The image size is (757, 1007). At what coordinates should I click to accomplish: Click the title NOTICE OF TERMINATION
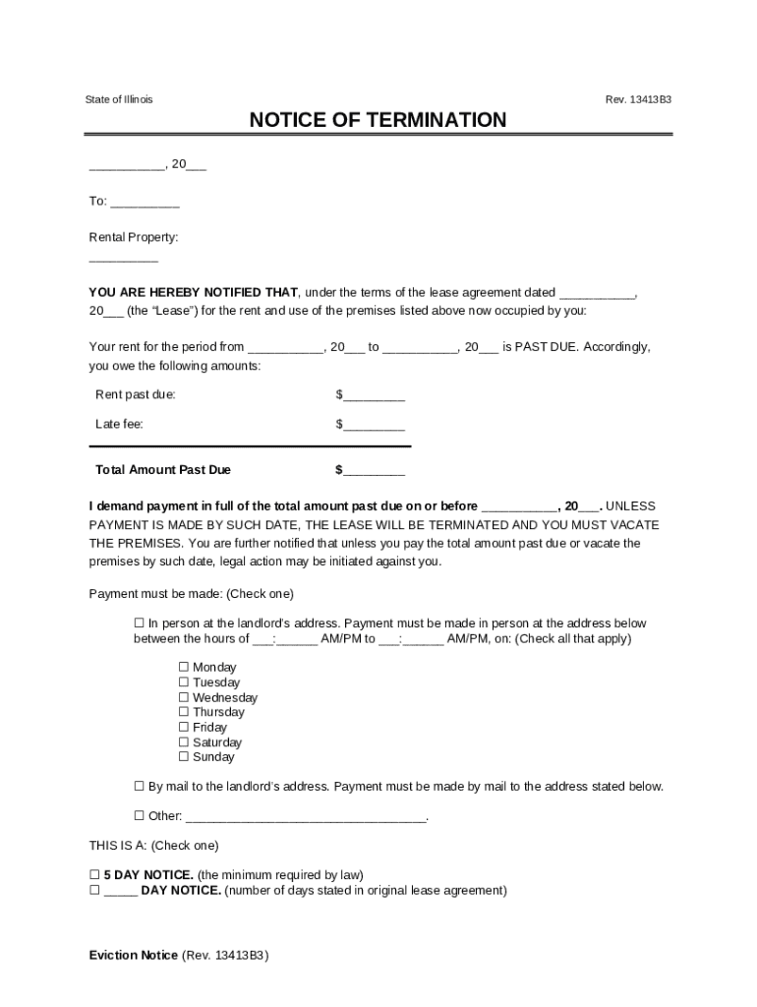(x=378, y=121)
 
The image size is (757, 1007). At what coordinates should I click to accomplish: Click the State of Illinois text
(x=119, y=100)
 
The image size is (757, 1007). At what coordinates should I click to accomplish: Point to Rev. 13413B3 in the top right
(x=639, y=100)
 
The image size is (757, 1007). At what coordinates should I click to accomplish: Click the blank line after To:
(x=145, y=203)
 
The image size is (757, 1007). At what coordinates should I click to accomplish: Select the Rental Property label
(x=134, y=237)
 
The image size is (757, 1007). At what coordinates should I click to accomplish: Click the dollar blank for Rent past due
(x=374, y=396)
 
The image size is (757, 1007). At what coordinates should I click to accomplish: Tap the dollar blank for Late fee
(x=374, y=426)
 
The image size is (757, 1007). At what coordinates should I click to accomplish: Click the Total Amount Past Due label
(x=162, y=470)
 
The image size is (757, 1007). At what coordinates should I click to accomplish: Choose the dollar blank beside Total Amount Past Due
(x=374, y=471)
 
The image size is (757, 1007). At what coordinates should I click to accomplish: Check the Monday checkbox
(x=183, y=668)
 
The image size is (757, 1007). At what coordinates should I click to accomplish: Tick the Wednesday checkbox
(x=183, y=697)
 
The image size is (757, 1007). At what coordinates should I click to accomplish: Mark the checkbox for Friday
(x=183, y=728)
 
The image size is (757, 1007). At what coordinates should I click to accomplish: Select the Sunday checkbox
(x=183, y=757)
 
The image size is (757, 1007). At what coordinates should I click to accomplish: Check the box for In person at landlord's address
(x=139, y=623)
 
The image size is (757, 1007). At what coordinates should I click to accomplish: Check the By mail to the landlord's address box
(x=139, y=787)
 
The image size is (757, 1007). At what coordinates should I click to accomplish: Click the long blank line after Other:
(x=306, y=817)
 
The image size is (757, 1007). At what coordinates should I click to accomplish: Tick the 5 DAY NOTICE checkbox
(x=94, y=875)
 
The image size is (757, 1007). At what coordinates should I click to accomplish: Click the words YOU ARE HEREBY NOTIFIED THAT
(x=193, y=293)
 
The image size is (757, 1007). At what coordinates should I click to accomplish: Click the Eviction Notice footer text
(x=134, y=956)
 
